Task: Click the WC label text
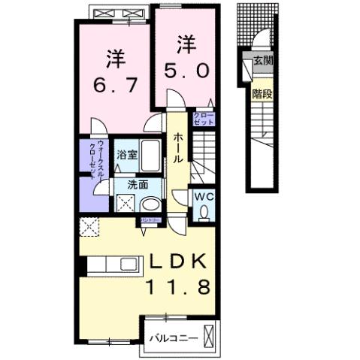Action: tap(204, 196)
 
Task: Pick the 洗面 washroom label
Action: tap(137, 183)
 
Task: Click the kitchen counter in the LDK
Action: tap(113, 265)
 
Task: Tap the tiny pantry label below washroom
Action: tap(148, 219)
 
